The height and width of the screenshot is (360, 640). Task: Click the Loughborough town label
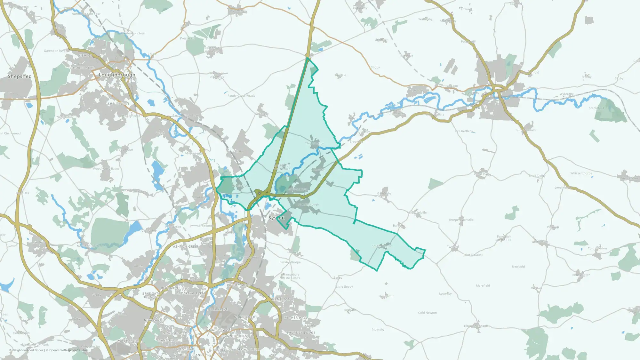click(117, 75)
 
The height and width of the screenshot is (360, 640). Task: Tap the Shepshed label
click(20, 76)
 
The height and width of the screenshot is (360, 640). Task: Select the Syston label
click(276, 218)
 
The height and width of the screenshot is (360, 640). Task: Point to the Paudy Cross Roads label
click(241, 96)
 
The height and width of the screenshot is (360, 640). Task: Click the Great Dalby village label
click(483, 174)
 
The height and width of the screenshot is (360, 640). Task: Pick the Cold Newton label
click(427, 313)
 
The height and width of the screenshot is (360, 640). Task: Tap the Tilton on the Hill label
click(476, 326)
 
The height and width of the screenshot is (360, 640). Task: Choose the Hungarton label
click(386, 296)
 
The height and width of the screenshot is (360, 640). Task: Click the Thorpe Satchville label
click(461, 220)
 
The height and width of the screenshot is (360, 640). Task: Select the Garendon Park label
click(55, 51)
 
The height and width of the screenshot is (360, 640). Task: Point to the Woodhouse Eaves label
click(106, 169)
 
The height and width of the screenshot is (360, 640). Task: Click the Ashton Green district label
click(186, 247)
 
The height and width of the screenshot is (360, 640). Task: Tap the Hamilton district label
click(281, 300)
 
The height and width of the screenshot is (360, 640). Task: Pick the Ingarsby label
click(378, 329)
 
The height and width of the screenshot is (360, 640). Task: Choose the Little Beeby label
click(344, 287)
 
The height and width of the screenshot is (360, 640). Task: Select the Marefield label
click(483, 285)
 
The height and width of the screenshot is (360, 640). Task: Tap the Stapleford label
click(596, 108)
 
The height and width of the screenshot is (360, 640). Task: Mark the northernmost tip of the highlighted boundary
click(307, 58)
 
